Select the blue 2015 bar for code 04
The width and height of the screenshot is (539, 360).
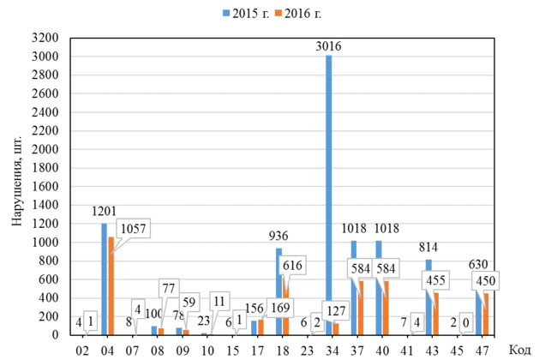[105, 279]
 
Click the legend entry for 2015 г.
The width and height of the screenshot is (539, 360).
[249, 14]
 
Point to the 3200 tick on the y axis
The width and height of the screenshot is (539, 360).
[45, 39]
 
